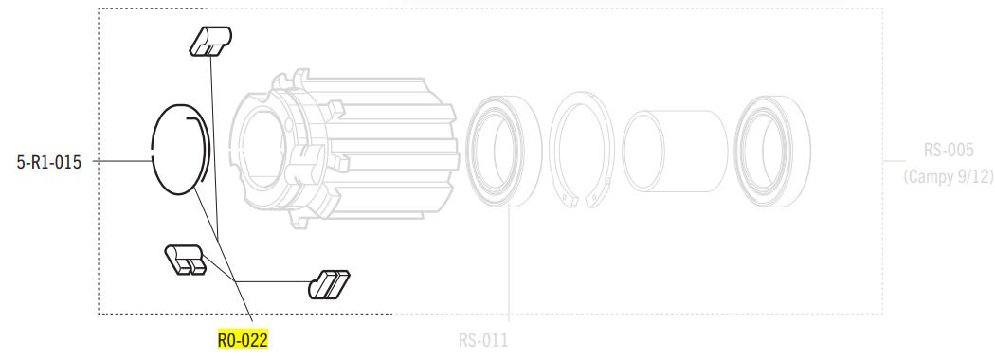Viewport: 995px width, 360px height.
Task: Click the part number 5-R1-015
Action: [49, 163]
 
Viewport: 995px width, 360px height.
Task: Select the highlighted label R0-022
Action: [243, 340]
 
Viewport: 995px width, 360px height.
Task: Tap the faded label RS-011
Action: [483, 341]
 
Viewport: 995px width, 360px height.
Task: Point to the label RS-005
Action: [948, 151]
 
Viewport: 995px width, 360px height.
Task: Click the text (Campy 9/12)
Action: [948, 177]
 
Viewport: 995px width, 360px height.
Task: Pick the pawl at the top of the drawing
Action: [210, 42]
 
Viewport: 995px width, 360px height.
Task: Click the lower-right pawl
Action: [329, 284]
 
